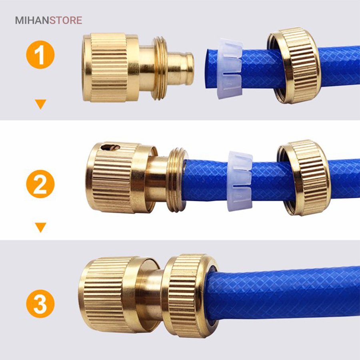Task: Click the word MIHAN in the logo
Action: click(32, 20)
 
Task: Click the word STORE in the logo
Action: click(66, 20)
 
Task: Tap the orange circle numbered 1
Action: click(40, 55)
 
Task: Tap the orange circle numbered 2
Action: click(40, 184)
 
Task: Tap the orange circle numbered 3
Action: click(40, 304)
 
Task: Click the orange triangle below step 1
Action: click(41, 104)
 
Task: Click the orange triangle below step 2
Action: click(41, 227)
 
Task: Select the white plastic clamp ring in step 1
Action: click(230, 68)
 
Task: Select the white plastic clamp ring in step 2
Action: click(240, 181)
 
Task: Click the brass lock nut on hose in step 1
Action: click(294, 66)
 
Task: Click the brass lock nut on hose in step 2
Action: click(304, 178)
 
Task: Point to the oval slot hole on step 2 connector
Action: click(110, 147)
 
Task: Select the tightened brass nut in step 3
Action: click(190, 296)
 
